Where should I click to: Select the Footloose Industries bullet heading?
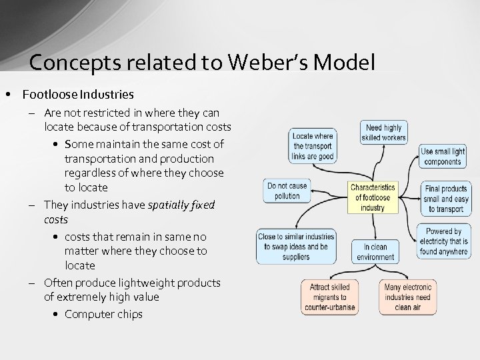point(78,95)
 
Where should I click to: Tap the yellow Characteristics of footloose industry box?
point(373,197)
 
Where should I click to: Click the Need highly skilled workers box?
point(383,133)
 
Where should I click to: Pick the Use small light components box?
point(443,157)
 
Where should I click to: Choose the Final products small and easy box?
point(445,199)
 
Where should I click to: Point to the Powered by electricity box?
point(443,241)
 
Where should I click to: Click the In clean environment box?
point(375,252)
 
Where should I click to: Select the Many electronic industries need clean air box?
point(408,297)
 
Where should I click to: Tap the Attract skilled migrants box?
point(329,297)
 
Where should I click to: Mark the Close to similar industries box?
point(296,247)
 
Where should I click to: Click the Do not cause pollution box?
point(287,191)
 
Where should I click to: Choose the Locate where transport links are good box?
point(313,147)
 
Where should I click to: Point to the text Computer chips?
point(103,314)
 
